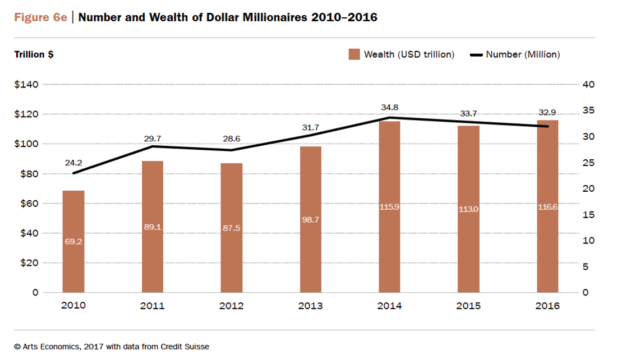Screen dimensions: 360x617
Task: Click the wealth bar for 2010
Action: pos(73,241)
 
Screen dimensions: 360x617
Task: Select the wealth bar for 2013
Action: pos(310,219)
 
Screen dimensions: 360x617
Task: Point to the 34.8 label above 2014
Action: pos(390,107)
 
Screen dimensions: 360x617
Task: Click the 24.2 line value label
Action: pos(73,163)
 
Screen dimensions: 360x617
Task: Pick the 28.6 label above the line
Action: pos(231,139)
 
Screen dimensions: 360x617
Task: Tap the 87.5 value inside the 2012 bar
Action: pos(231,228)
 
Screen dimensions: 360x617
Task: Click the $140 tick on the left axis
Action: pos(26,85)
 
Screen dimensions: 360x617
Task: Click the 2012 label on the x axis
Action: pos(231,306)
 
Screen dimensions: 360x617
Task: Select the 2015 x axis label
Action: pos(468,306)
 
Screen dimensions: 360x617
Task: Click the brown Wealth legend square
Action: pos(354,54)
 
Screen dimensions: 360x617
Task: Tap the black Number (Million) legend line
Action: pos(476,55)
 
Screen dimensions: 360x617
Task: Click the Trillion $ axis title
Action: pos(34,54)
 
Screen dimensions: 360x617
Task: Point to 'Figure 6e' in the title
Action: pos(40,18)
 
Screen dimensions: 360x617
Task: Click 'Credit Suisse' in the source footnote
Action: pos(185,347)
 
